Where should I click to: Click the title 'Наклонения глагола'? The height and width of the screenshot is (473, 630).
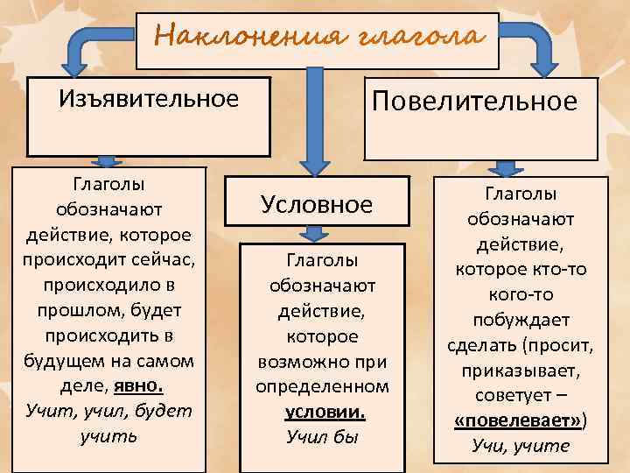[x=318, y=38]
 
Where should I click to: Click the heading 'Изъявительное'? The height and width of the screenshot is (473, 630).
[x=149, y=98]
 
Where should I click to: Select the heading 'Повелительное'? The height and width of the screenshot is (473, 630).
[x=475, y=102]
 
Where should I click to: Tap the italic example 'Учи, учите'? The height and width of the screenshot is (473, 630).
[x=520, y=445]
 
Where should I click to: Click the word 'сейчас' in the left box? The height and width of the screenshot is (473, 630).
[x=169, y=260]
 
